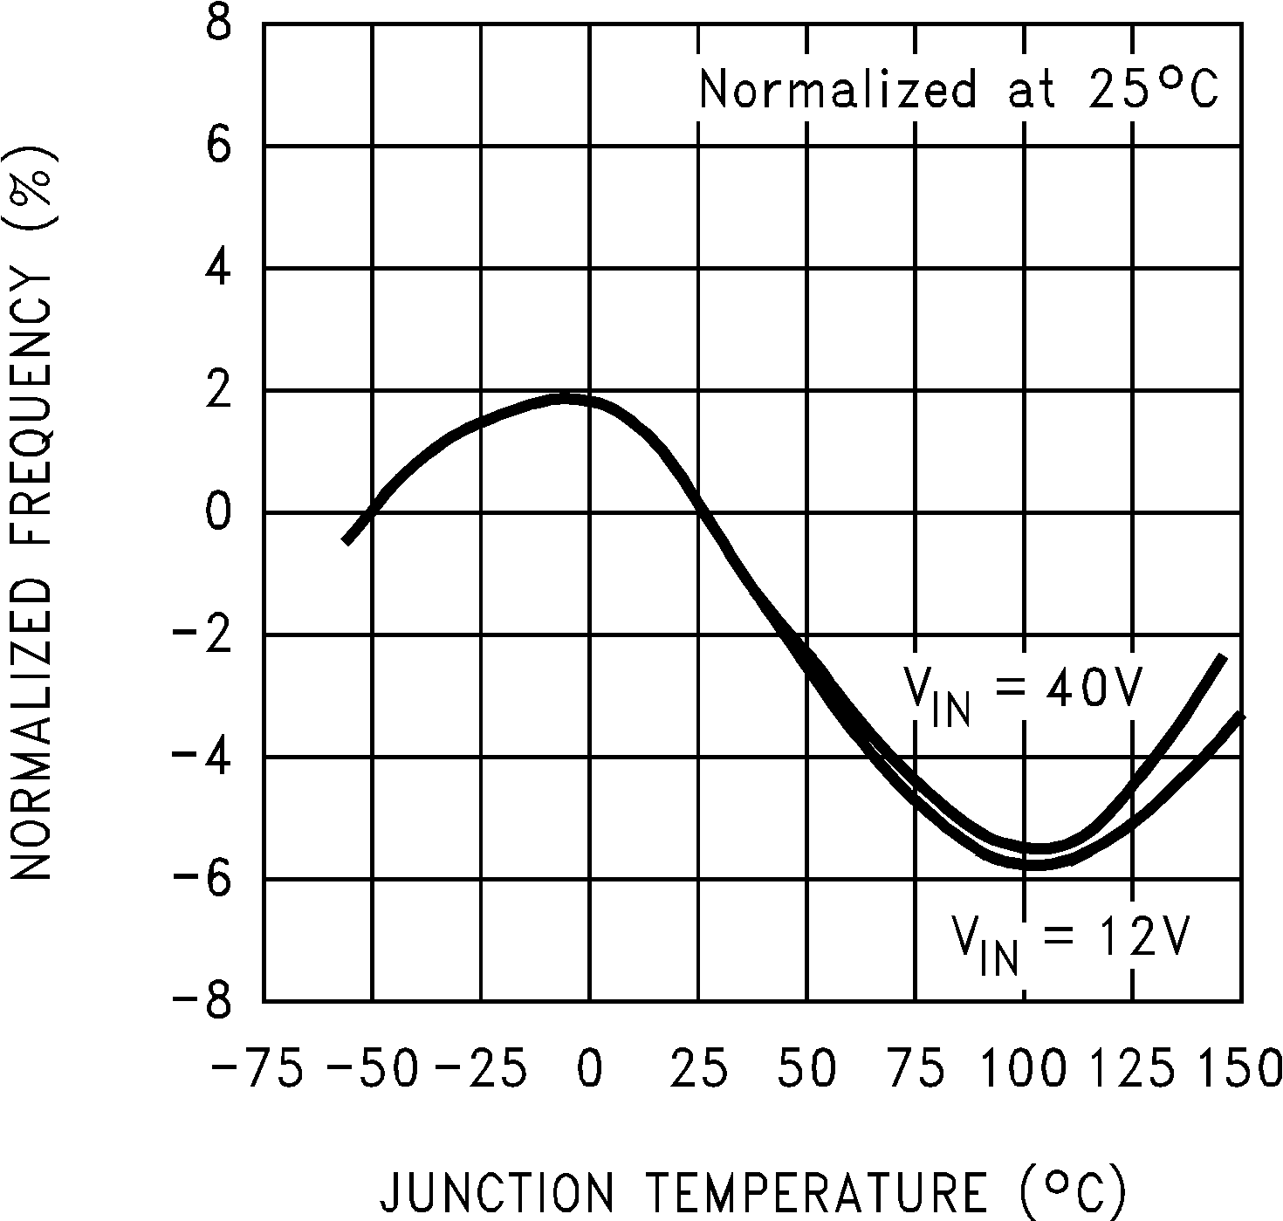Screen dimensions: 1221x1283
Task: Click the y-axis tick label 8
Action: click(218, 24)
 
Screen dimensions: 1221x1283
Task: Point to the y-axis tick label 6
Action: click(218, 146)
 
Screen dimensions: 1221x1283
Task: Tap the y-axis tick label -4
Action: click(202, 757)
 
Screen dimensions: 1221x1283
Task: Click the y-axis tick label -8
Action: click(202, 1001)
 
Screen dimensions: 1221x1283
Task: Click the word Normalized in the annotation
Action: click(838, 89)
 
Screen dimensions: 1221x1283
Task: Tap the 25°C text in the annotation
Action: click(1152, 89)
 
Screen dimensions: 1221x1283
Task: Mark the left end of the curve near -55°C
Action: click(347, 541)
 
